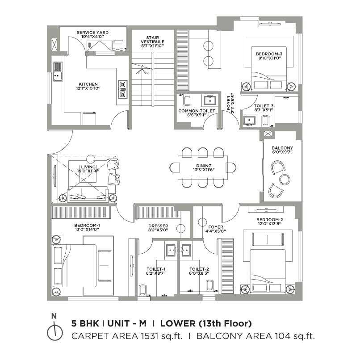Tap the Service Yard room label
tap(92, 33)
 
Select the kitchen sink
tap(58, 71)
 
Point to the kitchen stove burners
tap(123, 89)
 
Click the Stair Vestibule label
tap(153, 40)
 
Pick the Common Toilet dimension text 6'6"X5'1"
tap(197, 115)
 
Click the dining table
tap(203, 168)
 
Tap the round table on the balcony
tap(285, 179)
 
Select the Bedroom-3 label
tap(269, 54)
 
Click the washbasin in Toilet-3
tap(249, 121)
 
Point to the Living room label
tap(88, 167)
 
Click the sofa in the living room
tap(88, 194)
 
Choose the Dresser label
tap(158, 226)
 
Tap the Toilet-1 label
tap(156, 269)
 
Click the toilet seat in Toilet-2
tap(209, 286)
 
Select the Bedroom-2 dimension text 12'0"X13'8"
tap(269, 224)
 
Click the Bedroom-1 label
tap(87, 226)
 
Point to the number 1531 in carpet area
tap(150, 336)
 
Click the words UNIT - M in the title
tap(127, 323)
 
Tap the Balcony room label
tap(282, 148)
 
